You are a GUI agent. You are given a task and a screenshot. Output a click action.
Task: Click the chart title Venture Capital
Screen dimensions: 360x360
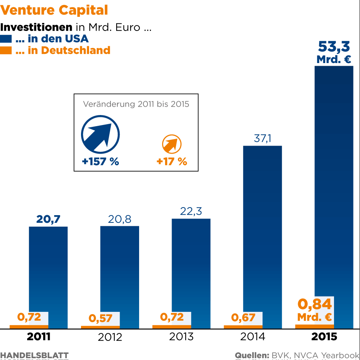point(54,10)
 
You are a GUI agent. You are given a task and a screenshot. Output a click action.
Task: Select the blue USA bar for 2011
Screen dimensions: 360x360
point(49,268)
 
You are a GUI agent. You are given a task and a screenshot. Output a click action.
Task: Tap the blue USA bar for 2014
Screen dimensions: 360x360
point(263,229)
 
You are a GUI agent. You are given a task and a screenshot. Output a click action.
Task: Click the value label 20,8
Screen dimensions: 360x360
point(120,219)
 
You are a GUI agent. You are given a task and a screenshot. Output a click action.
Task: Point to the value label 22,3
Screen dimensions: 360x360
point(191,211)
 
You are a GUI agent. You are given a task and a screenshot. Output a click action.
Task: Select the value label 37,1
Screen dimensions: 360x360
point(263,138)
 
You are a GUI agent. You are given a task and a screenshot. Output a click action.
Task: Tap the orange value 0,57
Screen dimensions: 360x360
point(100,318)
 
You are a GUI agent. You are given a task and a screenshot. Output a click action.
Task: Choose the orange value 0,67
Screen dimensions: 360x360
point(243,318)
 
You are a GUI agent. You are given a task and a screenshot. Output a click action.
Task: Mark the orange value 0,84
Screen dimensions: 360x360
point(315,304)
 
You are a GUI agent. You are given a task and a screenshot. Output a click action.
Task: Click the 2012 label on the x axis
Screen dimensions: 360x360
point(110,337)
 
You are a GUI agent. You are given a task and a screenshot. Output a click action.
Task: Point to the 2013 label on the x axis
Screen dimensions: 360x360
point(181,337)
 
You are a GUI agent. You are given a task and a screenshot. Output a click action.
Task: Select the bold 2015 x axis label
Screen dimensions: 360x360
point(324,337)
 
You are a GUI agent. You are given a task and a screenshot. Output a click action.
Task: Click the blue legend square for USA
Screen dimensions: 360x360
point(6,39)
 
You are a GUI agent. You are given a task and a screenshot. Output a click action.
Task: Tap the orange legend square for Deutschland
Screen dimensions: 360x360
point(6,50)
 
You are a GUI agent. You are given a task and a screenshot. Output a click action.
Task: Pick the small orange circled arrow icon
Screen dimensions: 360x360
point(172,144)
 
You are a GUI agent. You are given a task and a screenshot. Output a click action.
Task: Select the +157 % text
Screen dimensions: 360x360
point(101,162)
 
